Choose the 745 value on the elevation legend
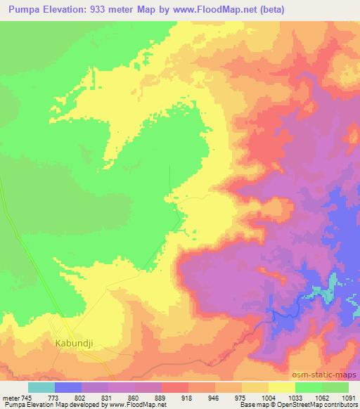pyautogui.click(x=27, y=398)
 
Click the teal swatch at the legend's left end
pyautogui.click(x=41, y=387)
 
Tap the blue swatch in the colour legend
pyautogui.click(x=68, y=387)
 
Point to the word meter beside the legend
pyautogui.click(x=11, y=398)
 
